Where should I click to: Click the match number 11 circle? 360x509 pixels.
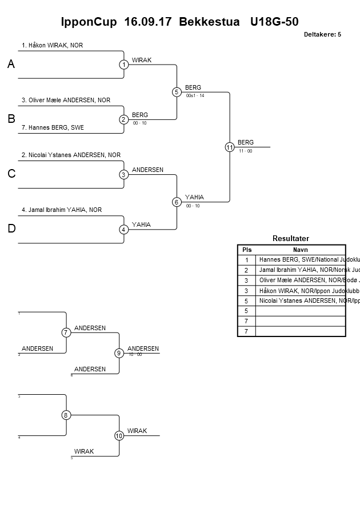click(230, 147)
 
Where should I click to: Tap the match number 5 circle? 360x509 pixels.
click(177, 92)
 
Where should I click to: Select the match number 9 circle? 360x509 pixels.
click(119, 353)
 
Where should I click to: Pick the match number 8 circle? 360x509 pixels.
click(66, 415)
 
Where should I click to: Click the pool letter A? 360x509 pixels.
click(11, 65)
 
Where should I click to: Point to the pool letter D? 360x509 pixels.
click(11, 229)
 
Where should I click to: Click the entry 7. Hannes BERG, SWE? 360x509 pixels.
click(53, 127)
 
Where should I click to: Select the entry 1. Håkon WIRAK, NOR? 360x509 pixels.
click(52, 45)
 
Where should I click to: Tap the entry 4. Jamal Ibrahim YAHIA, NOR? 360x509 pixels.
click(62, 210)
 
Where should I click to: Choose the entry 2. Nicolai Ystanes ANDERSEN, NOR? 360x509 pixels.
click(71, 155)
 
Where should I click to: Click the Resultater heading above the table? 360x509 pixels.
click(291, 238)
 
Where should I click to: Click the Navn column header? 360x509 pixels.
click(300, 250)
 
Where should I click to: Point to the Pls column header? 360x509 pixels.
click(246, 250)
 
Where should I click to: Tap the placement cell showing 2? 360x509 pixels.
click(246, 270)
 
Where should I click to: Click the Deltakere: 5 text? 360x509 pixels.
click(322, 34)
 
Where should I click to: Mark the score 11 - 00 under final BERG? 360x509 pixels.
click(246, 151)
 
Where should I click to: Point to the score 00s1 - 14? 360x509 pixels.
click(195, 95)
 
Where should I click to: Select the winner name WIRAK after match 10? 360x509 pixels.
click(137, 431)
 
